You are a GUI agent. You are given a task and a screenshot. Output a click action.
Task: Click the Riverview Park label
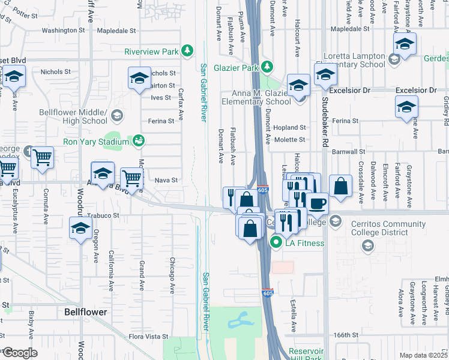pos(151,52)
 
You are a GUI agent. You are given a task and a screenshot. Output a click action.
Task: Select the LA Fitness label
pos(305,243)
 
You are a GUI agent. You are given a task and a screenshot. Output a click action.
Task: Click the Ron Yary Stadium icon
pos(139,142)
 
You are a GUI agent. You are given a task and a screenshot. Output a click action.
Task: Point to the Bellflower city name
pos(86,312)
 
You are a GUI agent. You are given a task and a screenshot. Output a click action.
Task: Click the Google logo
pos(19,352)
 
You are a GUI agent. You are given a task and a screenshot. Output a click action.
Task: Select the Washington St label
pos(63,30)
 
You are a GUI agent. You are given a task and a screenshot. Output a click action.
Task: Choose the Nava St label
pos(166,180)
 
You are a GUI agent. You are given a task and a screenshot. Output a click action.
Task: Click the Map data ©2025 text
pos(424,355)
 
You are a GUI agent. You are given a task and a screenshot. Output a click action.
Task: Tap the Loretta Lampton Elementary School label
pos(354,60)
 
